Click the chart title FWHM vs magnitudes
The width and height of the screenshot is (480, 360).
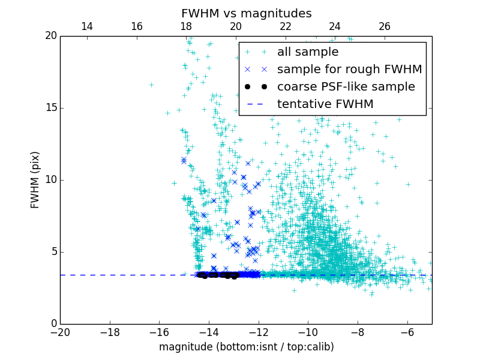pos(246,13)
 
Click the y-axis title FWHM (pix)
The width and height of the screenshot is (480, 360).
pos(35,180)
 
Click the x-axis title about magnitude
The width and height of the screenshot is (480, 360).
pos(246,347)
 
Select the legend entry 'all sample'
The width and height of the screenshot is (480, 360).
pos(308,52)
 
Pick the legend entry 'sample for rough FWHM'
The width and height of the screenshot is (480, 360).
pos(349,70)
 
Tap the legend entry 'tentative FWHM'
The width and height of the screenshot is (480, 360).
pos(325,104)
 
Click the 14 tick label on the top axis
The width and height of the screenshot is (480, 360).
pos(87,26)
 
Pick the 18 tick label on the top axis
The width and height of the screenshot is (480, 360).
pos(186,26)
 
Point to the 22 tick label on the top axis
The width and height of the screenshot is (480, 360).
pos(286,26)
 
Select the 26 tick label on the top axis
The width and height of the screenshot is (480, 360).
pos(385,26)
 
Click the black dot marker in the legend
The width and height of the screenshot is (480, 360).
pos(257,86)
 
